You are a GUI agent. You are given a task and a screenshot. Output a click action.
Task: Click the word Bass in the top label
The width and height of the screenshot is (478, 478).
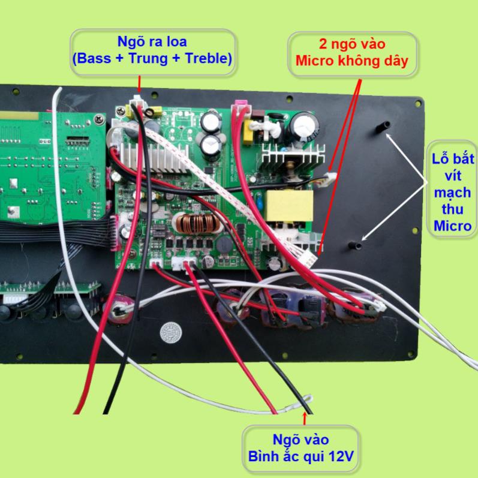click(x=92, y=59)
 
